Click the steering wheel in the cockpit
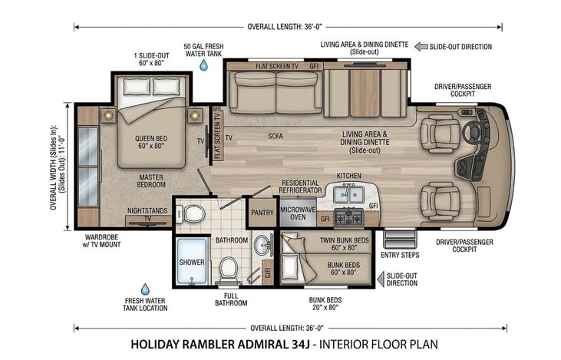point(472,132)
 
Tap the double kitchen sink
point(348,194)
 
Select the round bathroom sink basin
point(262,245)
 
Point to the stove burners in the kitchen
point(348,217)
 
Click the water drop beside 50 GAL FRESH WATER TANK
point(203,65)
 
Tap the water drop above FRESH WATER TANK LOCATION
point(145,289)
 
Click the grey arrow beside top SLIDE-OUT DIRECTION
point(421,47)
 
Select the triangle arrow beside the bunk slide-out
point(381,279)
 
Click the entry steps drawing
point(400,239)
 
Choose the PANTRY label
point(262,213)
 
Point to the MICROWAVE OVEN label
point(298,213)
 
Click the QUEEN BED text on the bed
point(151,138)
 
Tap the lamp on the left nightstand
point(107,115)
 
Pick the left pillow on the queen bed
point(137,87)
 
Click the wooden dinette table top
point(365,93)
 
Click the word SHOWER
point(192,263)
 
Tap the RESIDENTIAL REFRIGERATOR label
point(301,187)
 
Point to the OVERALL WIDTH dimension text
point(58,167)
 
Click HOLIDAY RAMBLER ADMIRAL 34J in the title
point(220,344)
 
